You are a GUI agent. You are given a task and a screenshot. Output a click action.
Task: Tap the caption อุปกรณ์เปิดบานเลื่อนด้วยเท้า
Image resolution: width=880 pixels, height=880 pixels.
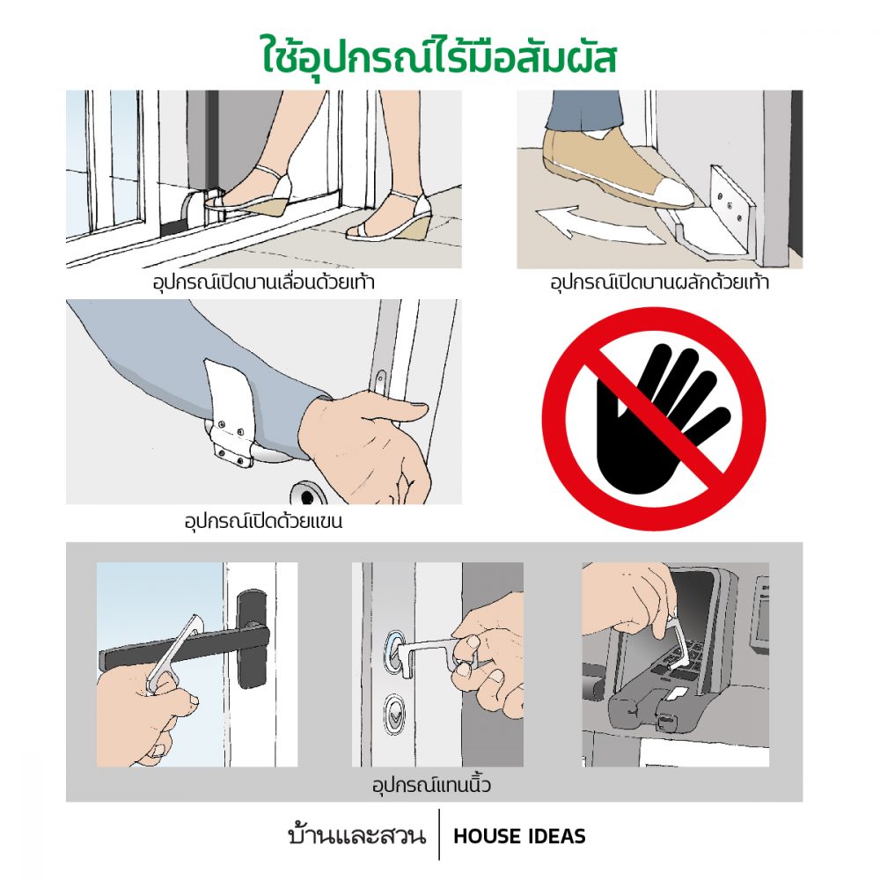[263, 282]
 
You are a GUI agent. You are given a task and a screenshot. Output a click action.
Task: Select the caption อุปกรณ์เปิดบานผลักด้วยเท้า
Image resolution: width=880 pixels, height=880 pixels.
[659, 282]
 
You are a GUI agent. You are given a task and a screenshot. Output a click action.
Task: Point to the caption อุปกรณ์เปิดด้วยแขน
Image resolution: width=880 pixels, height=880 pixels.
[263, 521]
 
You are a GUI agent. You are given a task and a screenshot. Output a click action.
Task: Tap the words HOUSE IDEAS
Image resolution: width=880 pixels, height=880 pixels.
[519, 836]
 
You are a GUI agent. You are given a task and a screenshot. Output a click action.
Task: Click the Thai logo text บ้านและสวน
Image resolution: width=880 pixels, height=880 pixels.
[357, 835]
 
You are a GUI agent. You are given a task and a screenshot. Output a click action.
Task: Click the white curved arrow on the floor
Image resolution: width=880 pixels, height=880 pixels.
[595, 224]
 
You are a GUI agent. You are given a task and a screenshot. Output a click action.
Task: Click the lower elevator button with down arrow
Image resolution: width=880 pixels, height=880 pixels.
[394, 715]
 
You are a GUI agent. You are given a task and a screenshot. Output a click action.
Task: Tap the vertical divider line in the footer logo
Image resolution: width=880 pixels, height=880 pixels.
[439, 834]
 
